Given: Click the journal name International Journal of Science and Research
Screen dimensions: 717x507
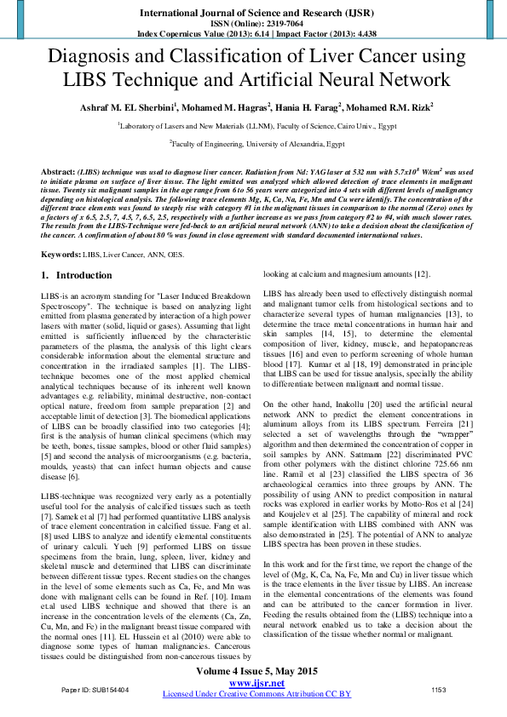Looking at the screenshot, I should coord(253,14).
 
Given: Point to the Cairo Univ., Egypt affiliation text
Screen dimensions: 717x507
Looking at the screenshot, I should coord(359,124).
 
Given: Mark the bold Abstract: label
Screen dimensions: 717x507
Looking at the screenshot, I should coord(58,171).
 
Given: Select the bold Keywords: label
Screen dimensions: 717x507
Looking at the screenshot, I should coord(61,254).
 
